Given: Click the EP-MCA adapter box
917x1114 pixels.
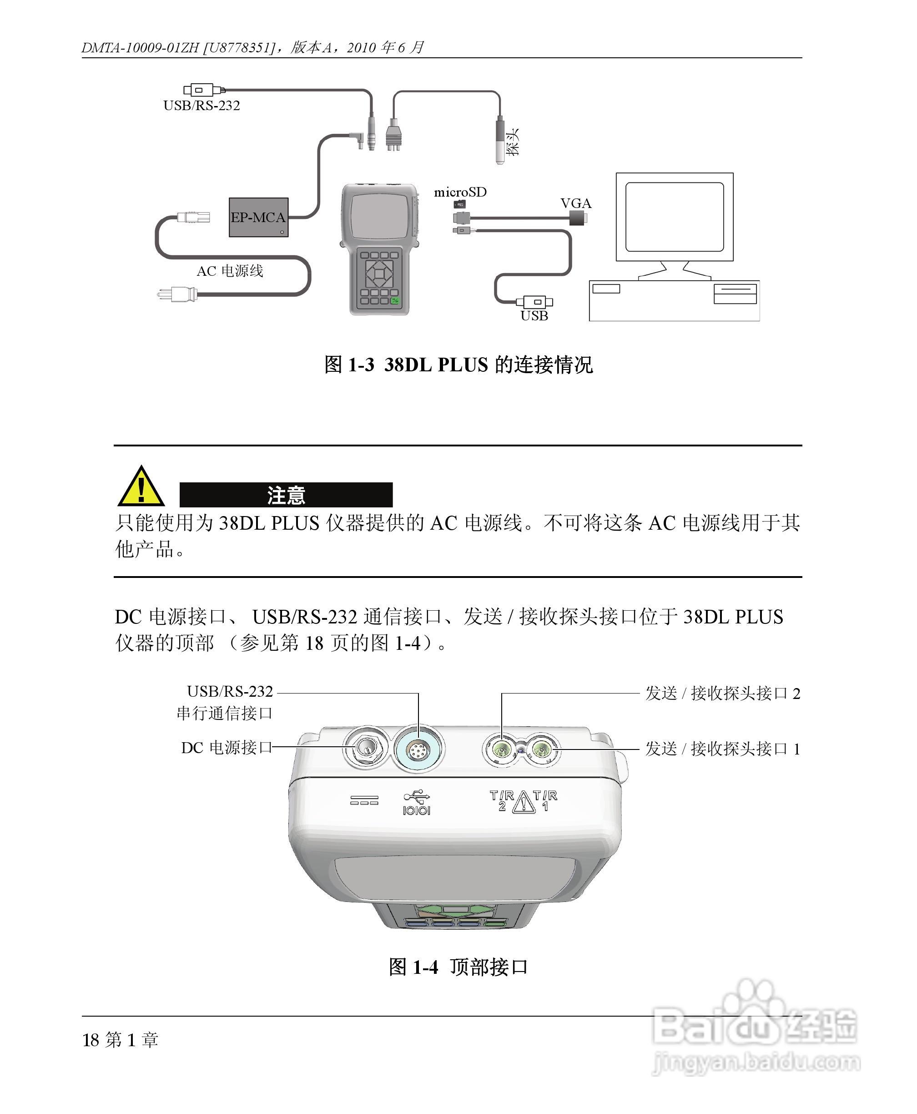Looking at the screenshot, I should coord(258,217).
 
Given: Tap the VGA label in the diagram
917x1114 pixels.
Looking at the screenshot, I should coord(576,203).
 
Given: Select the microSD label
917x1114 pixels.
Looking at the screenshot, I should coord(460,192).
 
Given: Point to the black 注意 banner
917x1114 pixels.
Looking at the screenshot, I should coord(286,495).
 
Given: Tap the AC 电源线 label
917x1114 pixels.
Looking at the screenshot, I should coord(230,271).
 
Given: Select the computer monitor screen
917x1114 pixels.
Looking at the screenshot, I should coord(675,217).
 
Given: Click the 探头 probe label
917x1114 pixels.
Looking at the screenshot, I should coord(512,142).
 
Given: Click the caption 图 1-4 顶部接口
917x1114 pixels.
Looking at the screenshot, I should coord(458,967).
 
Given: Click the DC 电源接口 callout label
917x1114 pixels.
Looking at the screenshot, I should coord(226,748).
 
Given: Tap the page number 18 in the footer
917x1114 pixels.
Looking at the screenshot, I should coord(91,1040).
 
